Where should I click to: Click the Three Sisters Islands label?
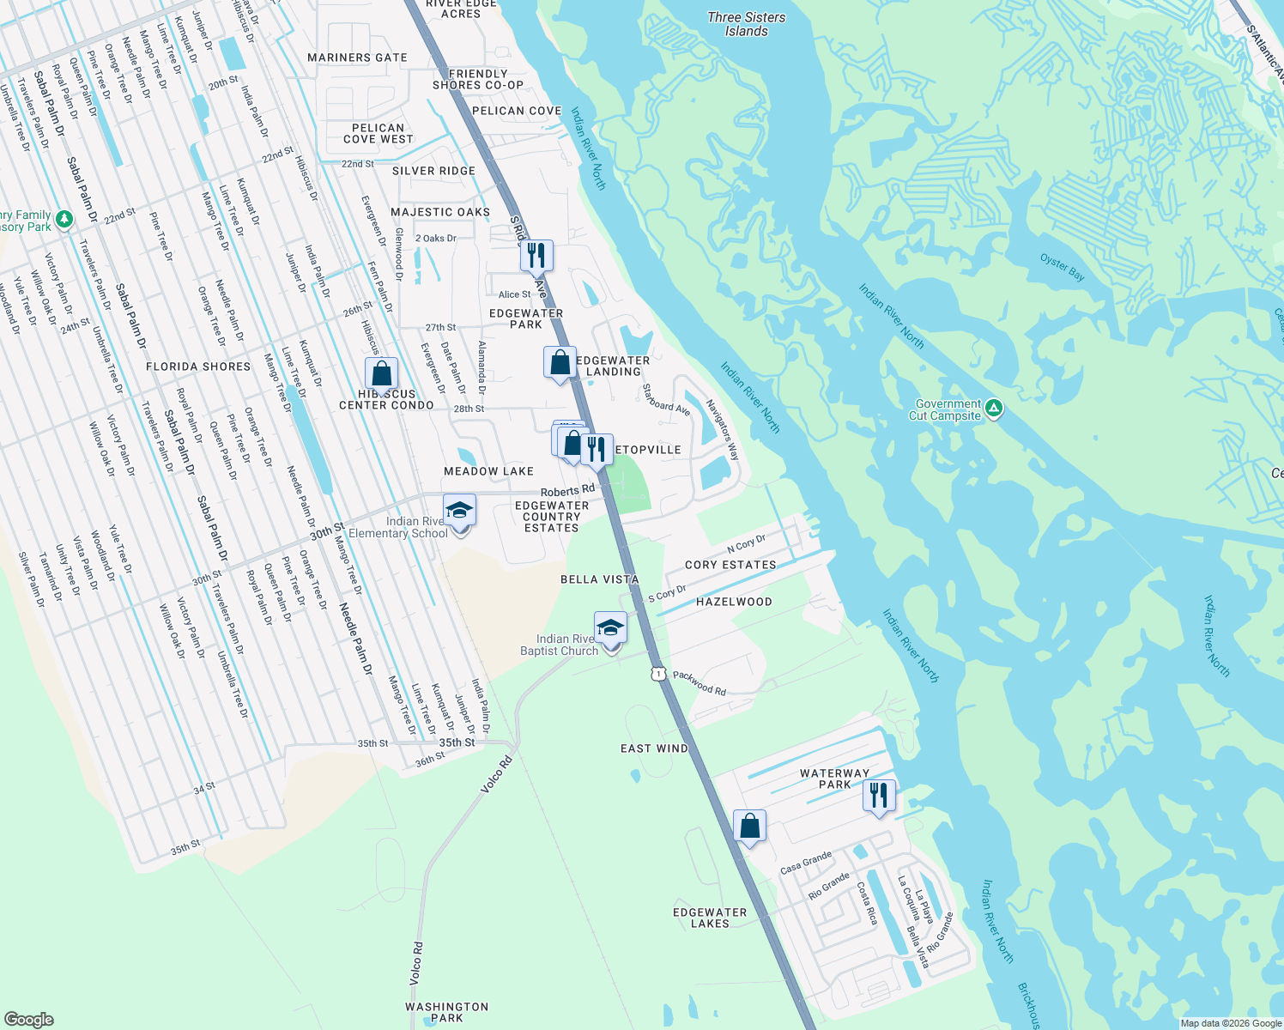tap(746, 24)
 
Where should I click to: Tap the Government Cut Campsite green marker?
tap(993, 409)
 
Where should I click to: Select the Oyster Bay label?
tap(1062, 267)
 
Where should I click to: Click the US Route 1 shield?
tap(658, 674)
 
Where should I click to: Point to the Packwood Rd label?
tap(700, 682)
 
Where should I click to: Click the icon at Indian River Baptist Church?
tap(610, 628)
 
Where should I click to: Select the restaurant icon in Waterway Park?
tap(879, 796)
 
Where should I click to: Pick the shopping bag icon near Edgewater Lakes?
tap(749, 827)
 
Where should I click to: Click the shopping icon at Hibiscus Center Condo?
tap(381, 374)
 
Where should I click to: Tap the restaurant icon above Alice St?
tap(536, 255)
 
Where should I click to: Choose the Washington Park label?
tap(446, 1012)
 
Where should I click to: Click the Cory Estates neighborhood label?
tap(730, 565)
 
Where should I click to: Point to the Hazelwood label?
tap(734, 602)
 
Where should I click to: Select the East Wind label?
tap(654, 748)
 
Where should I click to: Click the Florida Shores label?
tap(198, 367)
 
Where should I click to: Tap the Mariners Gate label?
tap(357, 58)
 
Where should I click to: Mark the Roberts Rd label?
tap(567, 491)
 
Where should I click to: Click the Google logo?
tap(28, 1019)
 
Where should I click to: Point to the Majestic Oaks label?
tap(440, 212)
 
